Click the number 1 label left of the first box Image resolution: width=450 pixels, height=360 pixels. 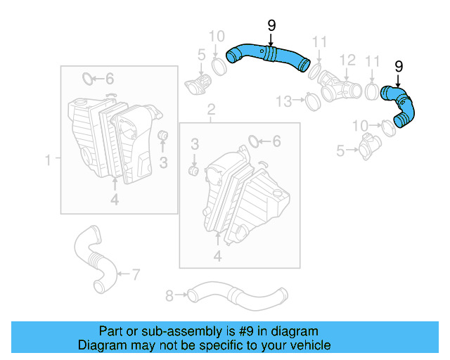[49, 160]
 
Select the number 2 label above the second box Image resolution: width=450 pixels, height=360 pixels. [210, 109]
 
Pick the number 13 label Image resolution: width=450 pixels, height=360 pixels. [283, 102]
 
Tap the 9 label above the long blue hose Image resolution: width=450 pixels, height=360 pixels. [271, 27]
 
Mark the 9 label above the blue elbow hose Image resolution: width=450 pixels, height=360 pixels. [398, 67]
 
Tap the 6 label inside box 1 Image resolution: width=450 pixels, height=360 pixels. [109, 78]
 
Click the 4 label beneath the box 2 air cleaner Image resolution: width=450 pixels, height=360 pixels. [217, 257]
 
